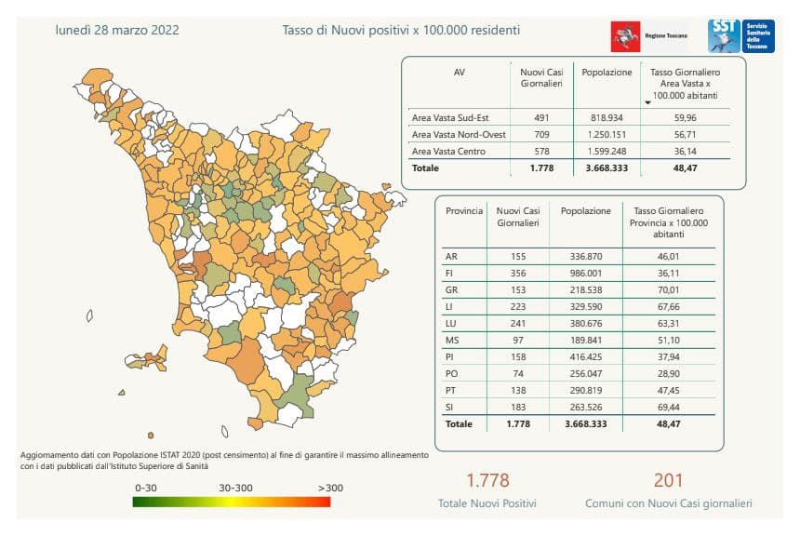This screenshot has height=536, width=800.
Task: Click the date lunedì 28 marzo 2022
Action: [x=118, y=30]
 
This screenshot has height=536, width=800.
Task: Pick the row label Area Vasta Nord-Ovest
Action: [x=458, y=135]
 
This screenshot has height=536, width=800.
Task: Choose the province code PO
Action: [x=452, y=372]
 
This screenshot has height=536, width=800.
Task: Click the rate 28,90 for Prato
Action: [x=670, y=372]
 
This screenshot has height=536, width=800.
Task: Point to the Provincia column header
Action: [x=464, y=211]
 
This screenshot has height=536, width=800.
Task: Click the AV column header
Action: [x=459, y=71]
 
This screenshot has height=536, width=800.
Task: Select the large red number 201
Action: [x=668, y=480]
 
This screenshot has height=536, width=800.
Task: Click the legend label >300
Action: [x=329, y=487]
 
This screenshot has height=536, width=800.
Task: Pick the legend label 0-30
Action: [x=147, y=487]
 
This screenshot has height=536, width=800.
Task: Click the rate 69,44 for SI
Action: [x=670, y=407]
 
